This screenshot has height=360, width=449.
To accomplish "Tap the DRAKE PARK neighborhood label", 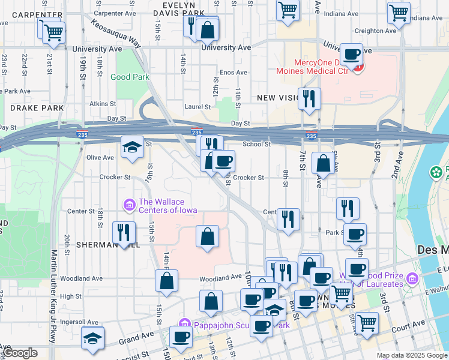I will [37, 108].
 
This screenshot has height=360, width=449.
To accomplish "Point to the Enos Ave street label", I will [234, 73].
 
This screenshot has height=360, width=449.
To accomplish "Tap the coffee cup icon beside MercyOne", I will [352, 54].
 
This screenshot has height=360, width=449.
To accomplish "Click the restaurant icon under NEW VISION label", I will [309, 99].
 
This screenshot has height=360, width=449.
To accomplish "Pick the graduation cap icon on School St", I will [132, 147].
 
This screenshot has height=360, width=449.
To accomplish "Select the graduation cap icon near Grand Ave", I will [92, 338].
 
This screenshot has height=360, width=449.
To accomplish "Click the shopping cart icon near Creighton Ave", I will [399, 11].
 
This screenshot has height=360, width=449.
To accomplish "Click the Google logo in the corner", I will [20, 353].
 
